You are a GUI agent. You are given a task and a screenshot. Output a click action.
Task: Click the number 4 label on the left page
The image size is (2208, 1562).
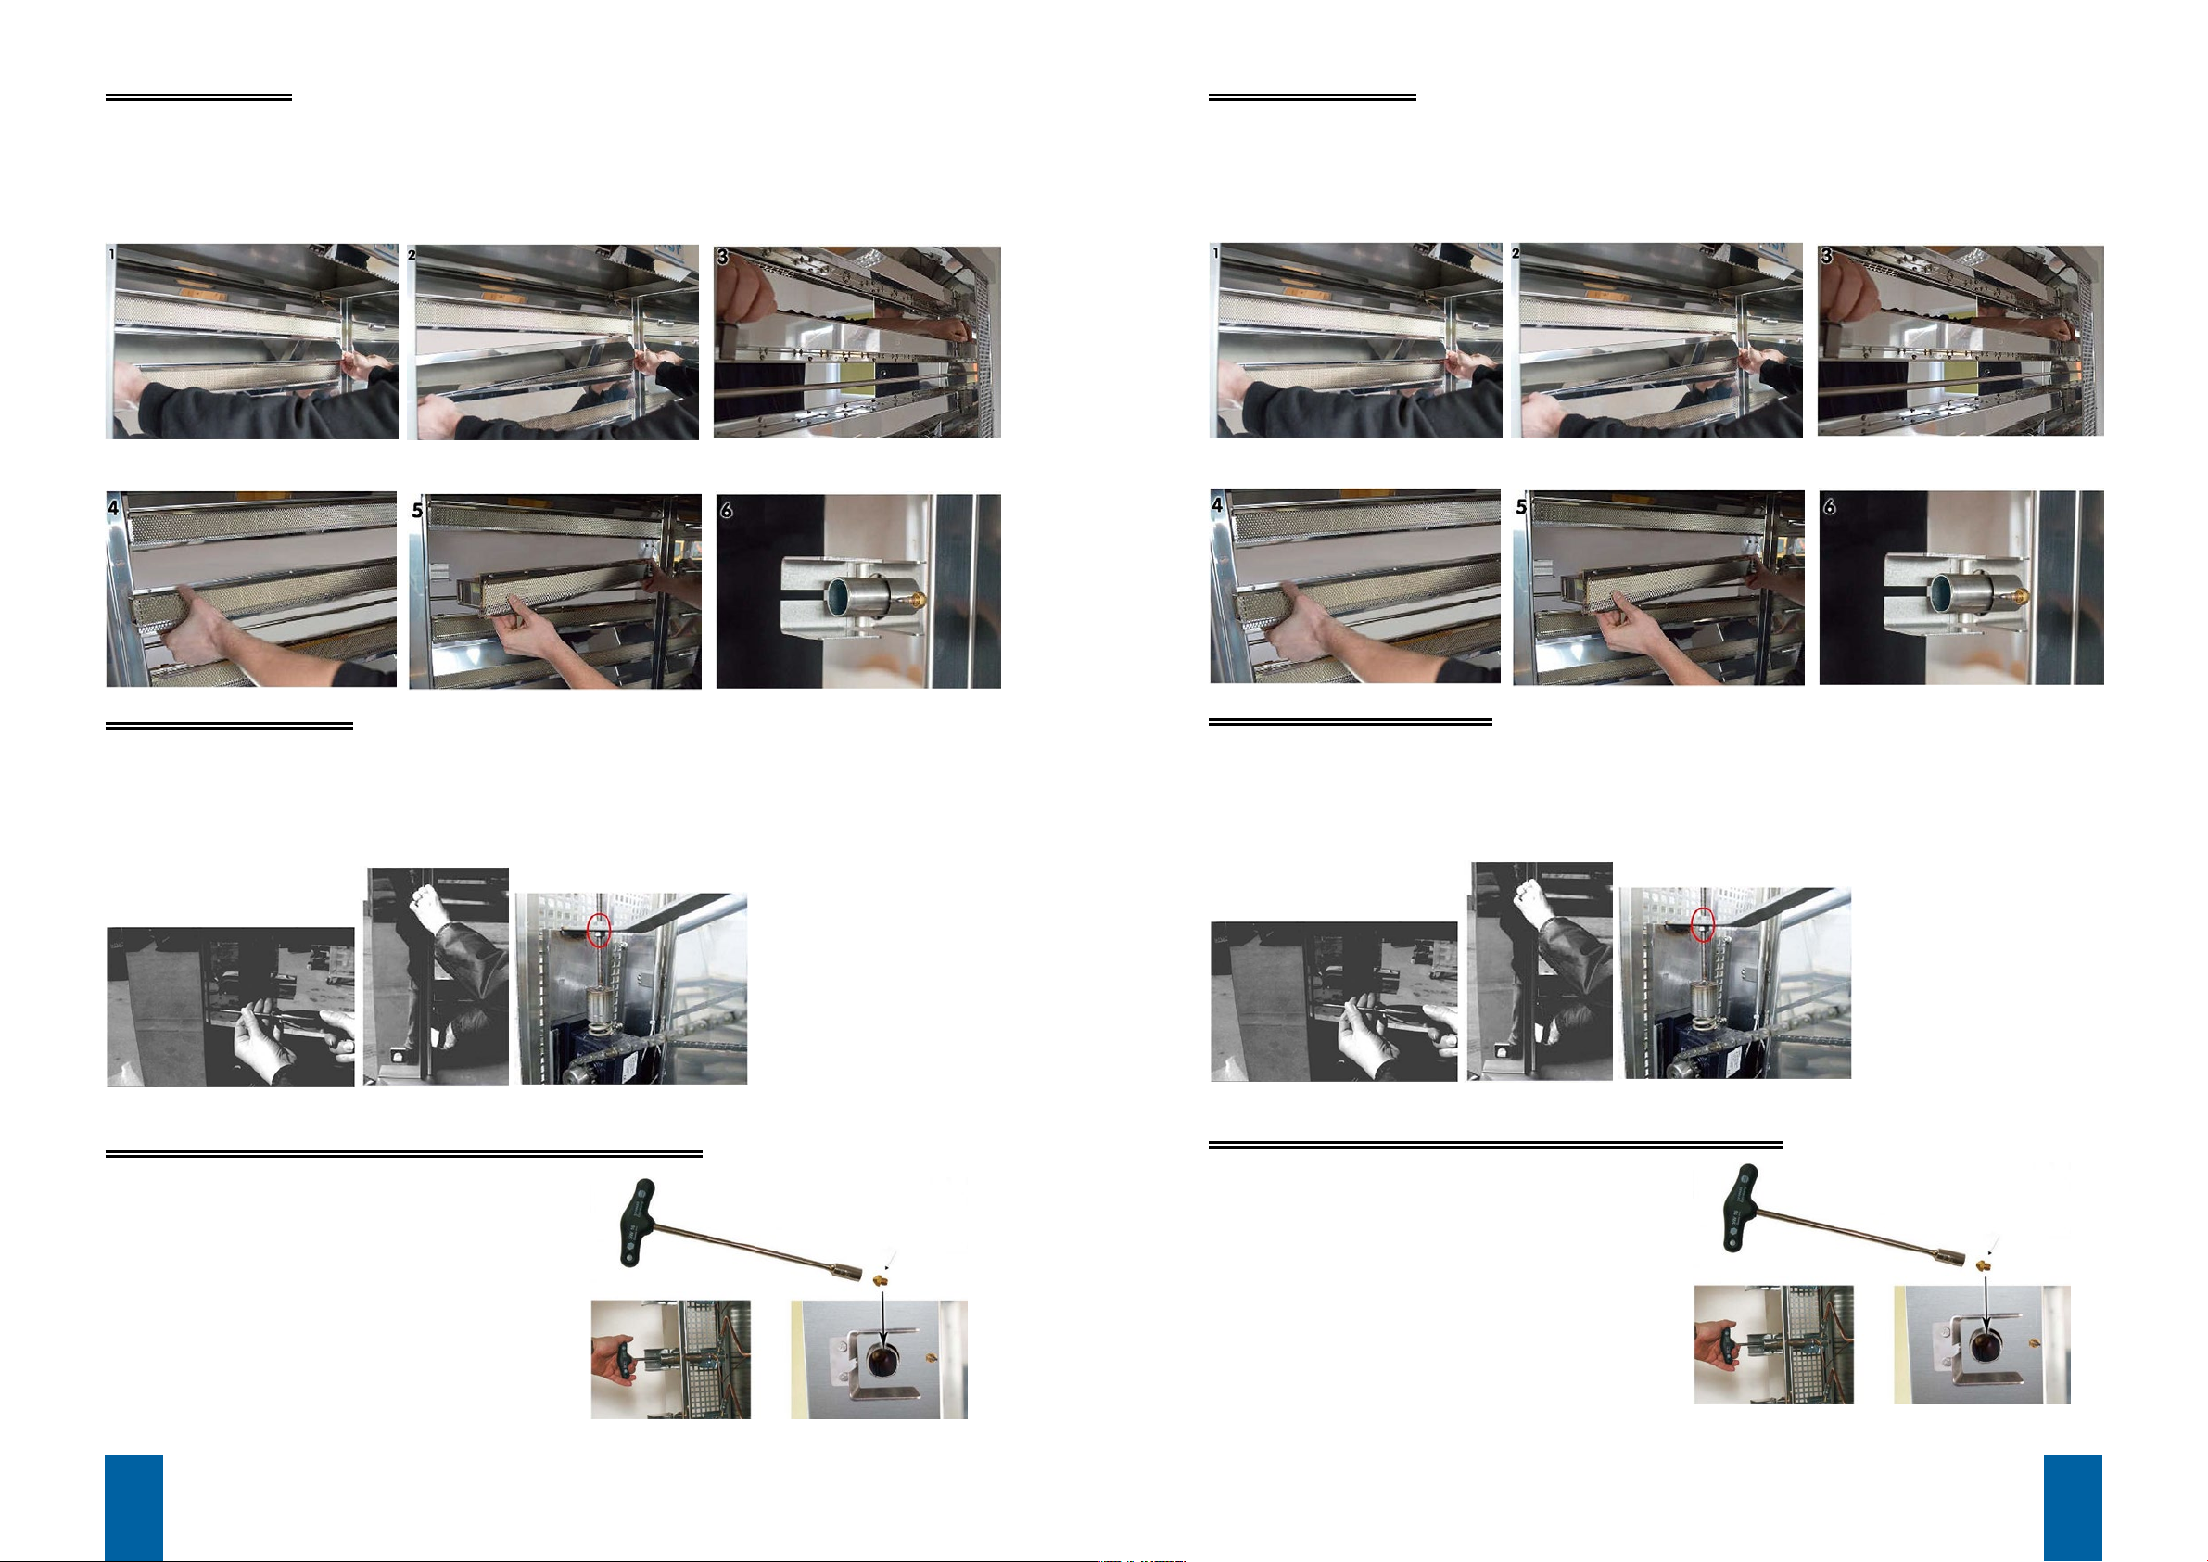[113, 506]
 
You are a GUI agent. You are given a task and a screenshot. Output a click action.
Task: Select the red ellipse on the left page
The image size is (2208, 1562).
[599, 928]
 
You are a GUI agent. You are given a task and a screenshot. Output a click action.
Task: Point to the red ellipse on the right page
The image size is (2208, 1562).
[1703, 923]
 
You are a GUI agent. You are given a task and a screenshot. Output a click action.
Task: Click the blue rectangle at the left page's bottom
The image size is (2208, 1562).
[133, 1507]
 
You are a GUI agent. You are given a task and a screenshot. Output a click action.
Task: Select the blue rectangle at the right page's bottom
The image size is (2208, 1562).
[2073, 1507]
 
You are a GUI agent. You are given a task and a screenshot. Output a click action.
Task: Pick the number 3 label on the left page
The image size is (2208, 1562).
[722, 257]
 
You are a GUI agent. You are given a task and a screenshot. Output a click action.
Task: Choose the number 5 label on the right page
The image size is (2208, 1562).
[1521, 506]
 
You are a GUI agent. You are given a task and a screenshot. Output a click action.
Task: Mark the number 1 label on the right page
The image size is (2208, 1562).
[1216, 253]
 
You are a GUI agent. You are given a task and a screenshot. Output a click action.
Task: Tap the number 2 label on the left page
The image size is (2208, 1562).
[412, 255]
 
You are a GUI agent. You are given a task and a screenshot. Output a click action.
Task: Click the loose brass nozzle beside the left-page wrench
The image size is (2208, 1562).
[878, 1279]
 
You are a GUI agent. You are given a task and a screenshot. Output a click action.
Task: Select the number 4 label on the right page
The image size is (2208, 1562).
[1217, 504]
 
